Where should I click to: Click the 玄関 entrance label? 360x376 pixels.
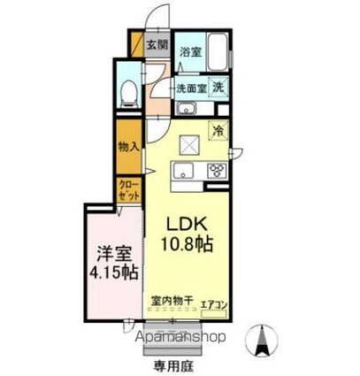pos(156,43)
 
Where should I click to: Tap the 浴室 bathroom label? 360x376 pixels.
pos(190,52)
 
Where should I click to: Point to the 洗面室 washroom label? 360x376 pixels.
pos(190,88)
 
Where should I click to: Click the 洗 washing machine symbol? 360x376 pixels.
pos(219,87)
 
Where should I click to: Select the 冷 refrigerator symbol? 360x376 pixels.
pos(218,129)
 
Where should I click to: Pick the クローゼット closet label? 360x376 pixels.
pos(129,189)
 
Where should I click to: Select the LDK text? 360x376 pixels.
pos(187,222)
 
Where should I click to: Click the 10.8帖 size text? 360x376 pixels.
pos(187,242)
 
